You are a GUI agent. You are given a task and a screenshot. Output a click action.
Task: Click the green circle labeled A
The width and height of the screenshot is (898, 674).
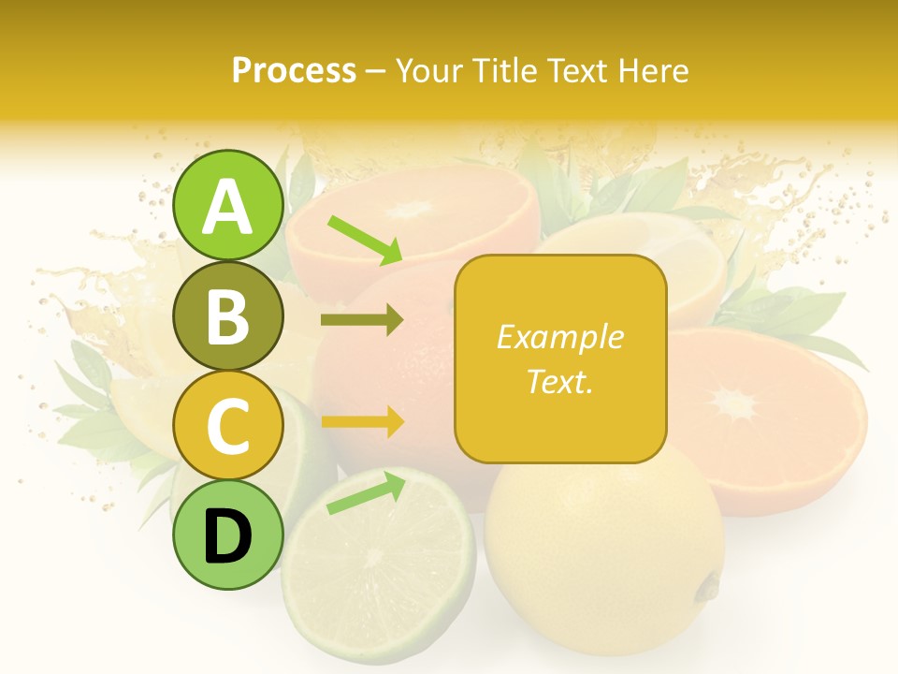tap(228, 206)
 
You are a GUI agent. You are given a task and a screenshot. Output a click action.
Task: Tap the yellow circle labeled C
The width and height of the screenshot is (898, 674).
tap(228, 426)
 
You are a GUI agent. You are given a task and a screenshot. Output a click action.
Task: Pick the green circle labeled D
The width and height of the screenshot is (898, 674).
tap(228, 535)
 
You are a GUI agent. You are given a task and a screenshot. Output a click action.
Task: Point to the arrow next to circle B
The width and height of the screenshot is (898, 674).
tap(363, 320)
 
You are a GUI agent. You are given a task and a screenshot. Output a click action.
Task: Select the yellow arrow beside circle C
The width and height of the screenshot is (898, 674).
tap(363, 422)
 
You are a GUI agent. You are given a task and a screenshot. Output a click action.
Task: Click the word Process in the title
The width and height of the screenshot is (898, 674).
tap(294, 70)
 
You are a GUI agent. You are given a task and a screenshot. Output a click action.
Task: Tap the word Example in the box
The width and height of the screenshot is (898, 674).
tap(560, 337)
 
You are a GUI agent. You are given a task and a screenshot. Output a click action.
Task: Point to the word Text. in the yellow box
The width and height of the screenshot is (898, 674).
tap(560, 381)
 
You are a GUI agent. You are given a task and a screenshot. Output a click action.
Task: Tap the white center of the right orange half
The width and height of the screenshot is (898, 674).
tap(734, 404)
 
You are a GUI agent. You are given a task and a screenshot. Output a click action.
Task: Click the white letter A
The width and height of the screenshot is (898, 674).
tap(228, 207)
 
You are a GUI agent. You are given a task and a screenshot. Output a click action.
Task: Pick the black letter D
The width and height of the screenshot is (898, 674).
tap(228, 536)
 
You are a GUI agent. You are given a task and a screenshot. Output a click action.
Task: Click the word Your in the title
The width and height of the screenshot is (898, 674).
tap(422, 70)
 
